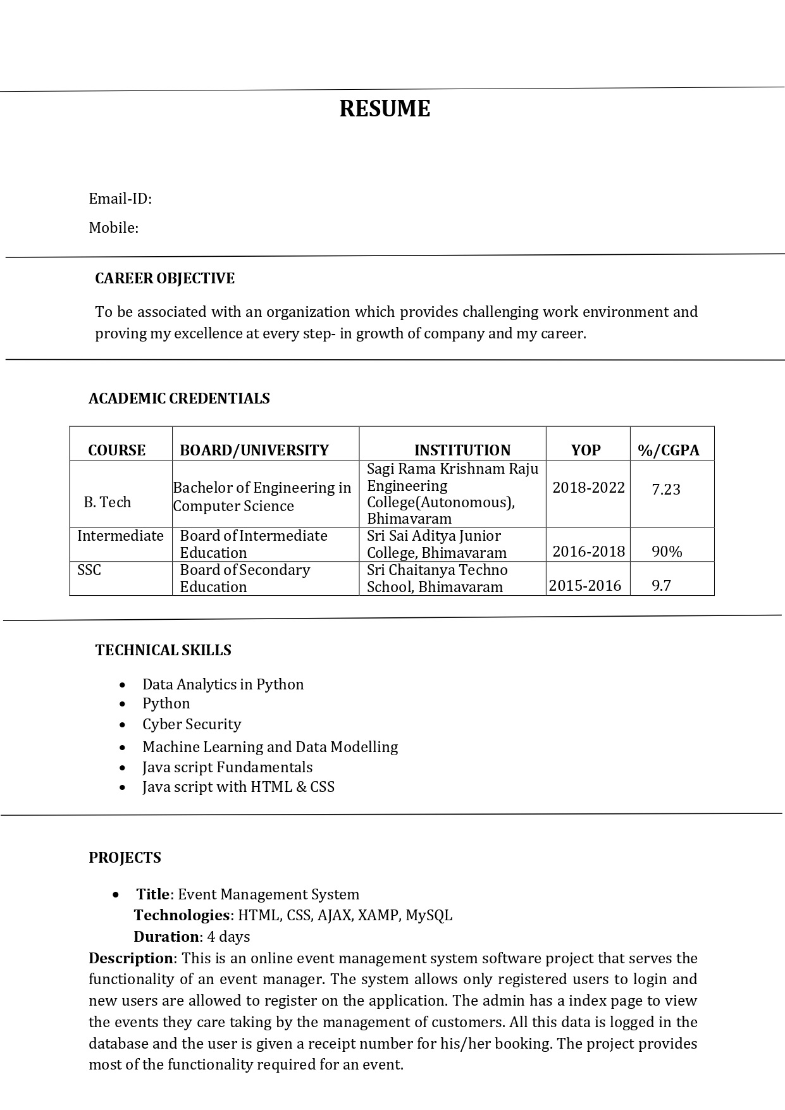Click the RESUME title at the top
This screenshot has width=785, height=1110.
pos(385,109)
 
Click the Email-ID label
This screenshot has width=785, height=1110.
pos(120,199)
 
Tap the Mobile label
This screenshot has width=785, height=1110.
pos(113,228)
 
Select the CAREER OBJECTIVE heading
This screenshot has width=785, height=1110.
pos(164,278)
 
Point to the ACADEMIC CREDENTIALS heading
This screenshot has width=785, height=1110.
pos(179,398)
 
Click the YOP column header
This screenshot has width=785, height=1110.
pos(586,450)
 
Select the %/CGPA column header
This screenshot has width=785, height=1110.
pos(669,450)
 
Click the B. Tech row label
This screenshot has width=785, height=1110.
pos(107,502)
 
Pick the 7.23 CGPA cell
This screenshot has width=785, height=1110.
pos(665,490)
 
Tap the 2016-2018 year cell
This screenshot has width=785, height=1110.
pos(588,552)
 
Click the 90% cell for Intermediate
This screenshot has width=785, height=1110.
pos(667,552)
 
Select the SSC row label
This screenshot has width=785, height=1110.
pos(89,570)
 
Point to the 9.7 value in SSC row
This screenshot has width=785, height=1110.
pos(661,586)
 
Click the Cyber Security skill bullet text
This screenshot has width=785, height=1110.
pos(192,724)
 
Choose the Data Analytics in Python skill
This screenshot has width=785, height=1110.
pos(223,684)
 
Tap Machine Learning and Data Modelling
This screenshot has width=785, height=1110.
pos(270,747)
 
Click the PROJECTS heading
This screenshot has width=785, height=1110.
pos(125,858)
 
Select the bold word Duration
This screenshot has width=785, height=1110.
pos(166,937)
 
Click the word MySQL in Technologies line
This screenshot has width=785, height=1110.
pos(429,915)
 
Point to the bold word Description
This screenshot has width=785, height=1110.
pos(131,958)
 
